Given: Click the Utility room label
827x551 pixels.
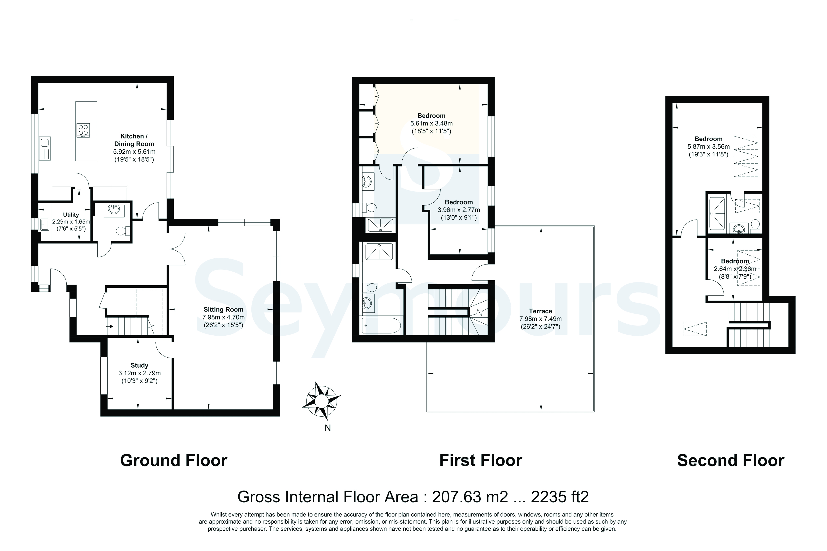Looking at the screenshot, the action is (71, 215).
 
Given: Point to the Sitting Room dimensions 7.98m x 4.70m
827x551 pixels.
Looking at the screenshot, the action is (224, 317).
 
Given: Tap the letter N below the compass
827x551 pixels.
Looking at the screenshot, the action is (327, 428).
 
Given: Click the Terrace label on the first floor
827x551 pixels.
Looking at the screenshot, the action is (541, 311).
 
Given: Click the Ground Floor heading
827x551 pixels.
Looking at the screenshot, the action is (174, 460).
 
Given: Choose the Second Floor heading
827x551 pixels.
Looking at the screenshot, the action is (731, 460).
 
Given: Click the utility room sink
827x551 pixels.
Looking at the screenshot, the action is (45, 224).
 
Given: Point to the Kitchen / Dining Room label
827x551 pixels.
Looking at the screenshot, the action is (134, 140).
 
